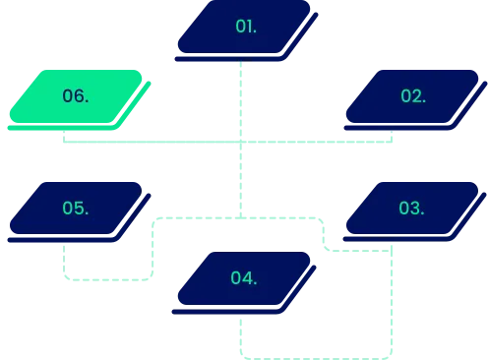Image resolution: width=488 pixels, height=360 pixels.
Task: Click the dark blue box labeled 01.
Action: [x=246, y=27]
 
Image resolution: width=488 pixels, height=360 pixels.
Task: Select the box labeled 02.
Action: [x=413, y=96]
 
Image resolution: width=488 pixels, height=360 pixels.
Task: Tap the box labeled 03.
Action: [x=411, y=209]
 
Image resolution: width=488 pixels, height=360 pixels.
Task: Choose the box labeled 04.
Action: [x=244, y=278]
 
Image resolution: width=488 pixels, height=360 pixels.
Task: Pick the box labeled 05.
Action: [x=76, y=209]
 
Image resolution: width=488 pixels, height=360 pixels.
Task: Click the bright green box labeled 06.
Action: [x=76, y=96]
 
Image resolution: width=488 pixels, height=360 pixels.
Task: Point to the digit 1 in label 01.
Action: [x=249, y=27]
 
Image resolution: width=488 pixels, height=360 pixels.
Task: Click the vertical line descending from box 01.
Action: [x=239, y=98]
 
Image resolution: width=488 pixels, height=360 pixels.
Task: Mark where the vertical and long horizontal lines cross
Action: [x=239, y=144]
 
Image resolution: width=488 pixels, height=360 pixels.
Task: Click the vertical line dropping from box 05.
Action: [x=65, y=261]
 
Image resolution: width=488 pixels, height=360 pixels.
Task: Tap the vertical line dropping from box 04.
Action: [x=239, y=334]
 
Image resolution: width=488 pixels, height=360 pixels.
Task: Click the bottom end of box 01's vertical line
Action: [x=239, y=215]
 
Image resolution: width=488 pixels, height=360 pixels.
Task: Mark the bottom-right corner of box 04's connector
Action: [x=392, y=354]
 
